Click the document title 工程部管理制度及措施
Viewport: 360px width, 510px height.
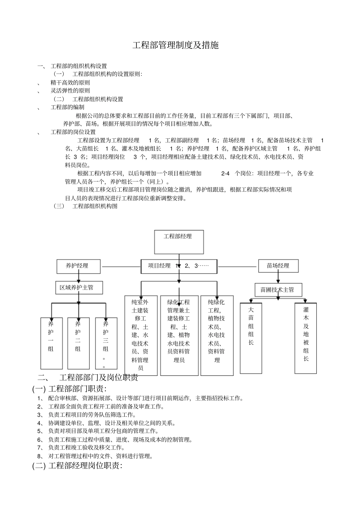point(175,46)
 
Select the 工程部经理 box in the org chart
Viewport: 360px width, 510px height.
point(179,242)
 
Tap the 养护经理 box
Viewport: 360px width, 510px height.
point(78,266)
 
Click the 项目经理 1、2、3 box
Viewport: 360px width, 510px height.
point(179,266)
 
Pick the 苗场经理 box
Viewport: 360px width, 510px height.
point(278,266)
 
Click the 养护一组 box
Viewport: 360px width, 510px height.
point(52,343)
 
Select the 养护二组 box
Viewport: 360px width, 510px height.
point(78,343)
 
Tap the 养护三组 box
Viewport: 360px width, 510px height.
point(106,343)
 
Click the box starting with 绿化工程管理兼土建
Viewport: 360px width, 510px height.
point(179,335)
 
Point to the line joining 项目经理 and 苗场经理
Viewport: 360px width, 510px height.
point(238,267)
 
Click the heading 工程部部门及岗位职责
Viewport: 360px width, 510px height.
point(99,378)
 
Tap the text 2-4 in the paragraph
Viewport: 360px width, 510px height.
point(225,174)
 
